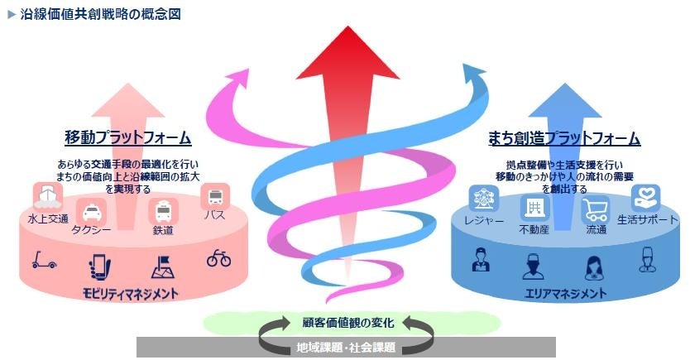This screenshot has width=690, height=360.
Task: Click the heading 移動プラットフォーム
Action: point(127,137)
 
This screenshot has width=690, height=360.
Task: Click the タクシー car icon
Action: point(89,211)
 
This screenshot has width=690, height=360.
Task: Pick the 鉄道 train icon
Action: point(162,212)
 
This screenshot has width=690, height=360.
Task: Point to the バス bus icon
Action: point(215,196)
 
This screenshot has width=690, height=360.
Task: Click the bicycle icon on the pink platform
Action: point(218,258)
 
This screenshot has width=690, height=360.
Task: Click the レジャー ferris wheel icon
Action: point(482,199)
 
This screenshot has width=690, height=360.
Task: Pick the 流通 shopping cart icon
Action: point(595,209)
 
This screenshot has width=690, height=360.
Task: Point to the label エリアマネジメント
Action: point(566,293)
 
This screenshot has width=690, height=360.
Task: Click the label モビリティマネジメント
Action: point(131,293)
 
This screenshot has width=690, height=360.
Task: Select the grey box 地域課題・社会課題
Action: point(346,347)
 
